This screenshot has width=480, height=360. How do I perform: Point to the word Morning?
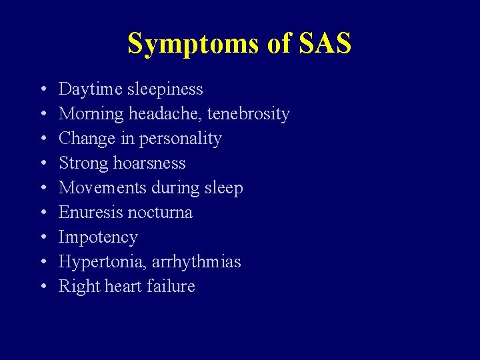click(x=91, y=114)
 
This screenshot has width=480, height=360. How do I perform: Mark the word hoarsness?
click(x=147, y=163)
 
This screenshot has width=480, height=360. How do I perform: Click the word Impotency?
click(x=98, y=237)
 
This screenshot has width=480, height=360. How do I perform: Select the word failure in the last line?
click(x=173, y=287)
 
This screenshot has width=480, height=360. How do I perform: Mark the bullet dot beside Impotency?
click(x=43, y=238)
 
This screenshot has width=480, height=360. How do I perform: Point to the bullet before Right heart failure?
click(x=43, y=287)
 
